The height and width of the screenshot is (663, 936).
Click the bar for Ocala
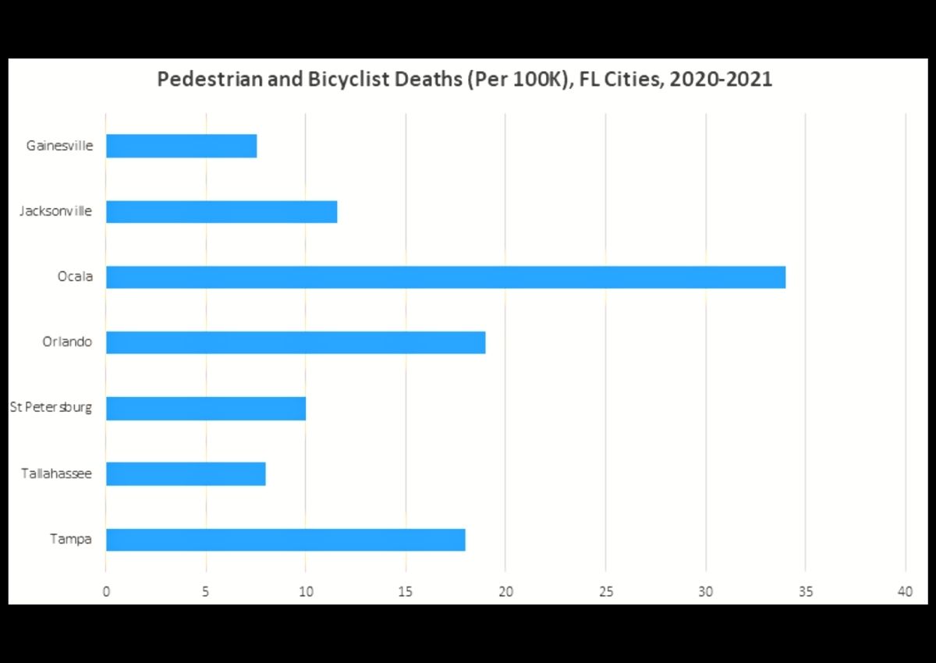pos(445,277)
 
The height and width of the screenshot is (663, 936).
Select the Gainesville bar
pos(181,146)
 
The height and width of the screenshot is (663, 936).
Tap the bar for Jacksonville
pos(222,211)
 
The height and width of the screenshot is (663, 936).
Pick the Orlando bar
pos(296,342)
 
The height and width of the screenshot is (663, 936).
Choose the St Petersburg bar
pos(206,408)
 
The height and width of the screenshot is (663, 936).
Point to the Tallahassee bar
pos(186,473)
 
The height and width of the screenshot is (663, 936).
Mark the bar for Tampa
pos(285,539)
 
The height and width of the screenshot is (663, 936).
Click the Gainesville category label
pos(59,146)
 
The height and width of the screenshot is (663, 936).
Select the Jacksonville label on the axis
pos(55,211)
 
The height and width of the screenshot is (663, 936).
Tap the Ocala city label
pos(75,277)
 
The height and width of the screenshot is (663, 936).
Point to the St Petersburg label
pos(51,408)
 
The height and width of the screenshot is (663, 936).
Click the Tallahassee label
pos(56,473)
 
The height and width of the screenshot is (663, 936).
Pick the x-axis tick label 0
pos(106,592)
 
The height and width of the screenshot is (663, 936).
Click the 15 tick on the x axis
pos(406,592)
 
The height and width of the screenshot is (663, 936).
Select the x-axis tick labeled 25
pos(605,592)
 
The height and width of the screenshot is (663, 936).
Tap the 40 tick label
pos(905,592)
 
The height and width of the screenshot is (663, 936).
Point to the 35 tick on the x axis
pos(805,592)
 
